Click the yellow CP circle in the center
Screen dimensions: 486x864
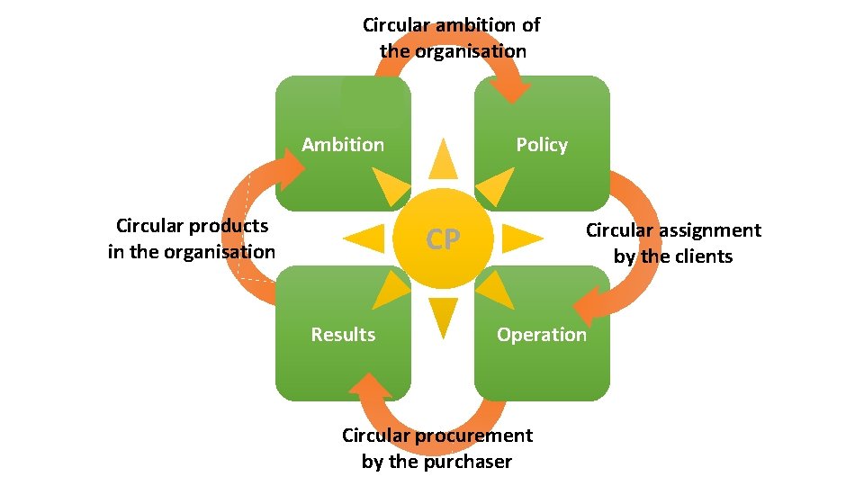(x=443, y=238)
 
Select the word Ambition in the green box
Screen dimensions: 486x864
(x=343, y=145)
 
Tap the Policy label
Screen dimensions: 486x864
(x=542, y=145)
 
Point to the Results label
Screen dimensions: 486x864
(x=343, y=335)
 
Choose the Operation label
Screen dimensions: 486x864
(x=542, y=335)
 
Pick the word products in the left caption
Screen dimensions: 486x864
(x=224, y=225)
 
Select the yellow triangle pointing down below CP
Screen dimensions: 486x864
(x=443, y=318)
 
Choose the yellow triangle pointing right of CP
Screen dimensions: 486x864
(x=522, y=238)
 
